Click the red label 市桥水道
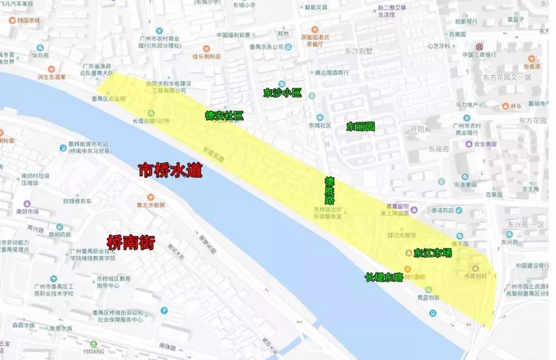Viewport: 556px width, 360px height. pyautogui.click(x=170, y=171)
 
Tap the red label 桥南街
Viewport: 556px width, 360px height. pyautogui.click(x=130, y=242)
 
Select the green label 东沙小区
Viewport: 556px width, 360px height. pyautogui.click(x=282, y=93)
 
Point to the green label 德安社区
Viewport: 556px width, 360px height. pyautogui.click(x=224, y=116)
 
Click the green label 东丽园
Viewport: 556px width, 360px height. pyautogui.click(x=360, y=127)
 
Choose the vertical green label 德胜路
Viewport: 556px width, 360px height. pyautogui.click(x=329, y=191)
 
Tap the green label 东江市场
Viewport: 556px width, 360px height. pyautogui.click(x=432, y=253)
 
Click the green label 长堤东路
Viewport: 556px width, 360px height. pyautogui.click(x=384, y=278)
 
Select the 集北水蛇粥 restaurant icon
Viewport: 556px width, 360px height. pyautogui.click(x=151, y=197)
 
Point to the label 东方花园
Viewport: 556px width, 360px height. pyautogui.click(x=532, y=121)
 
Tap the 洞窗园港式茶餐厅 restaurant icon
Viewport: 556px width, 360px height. pyautogui.click(x=315, y=29)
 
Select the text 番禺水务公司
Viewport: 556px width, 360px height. pyautogui.click(x=267, y=47)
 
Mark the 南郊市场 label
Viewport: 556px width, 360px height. pyautogui.click(x=27, y=211)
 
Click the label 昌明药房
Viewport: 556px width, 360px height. pyautogui.click(x=59, y=234)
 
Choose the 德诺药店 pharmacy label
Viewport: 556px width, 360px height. pyautogui.click(x=443, y=210)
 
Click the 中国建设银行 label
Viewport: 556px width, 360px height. pyautogui.click(x=532, y=266)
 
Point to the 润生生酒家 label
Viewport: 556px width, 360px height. pyautogui.click(x=51, y=77)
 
